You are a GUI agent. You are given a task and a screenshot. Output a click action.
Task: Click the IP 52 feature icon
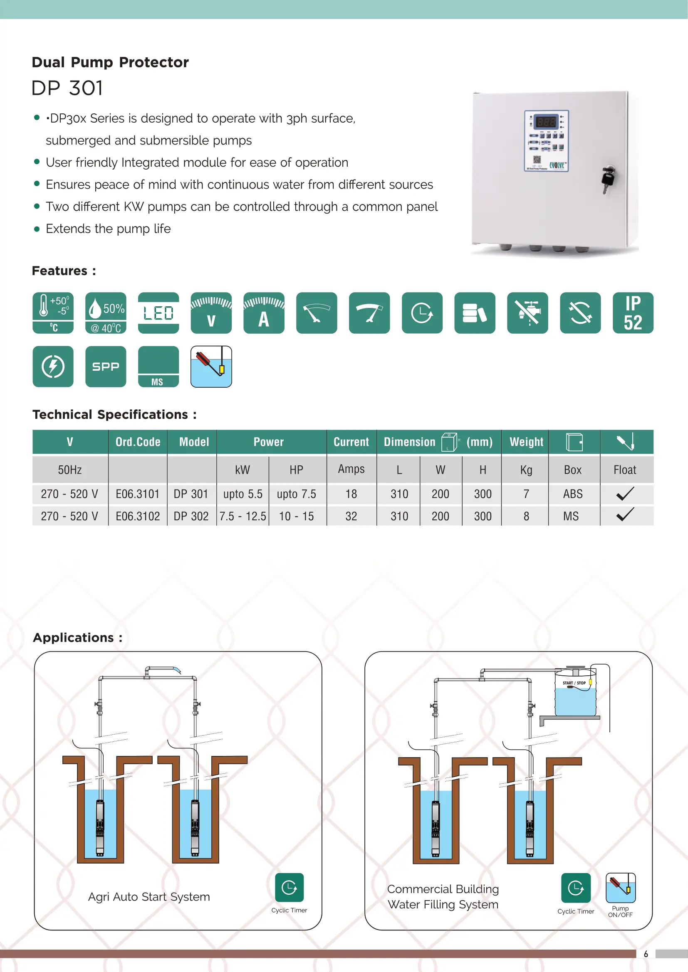point(633,313)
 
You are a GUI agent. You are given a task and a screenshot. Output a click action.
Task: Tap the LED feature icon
point(158,313)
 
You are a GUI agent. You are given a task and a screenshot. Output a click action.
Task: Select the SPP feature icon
point(106,367)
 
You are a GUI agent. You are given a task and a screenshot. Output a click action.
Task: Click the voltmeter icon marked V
point(211,313)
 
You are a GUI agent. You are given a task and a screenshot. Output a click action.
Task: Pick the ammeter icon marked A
point(263,313)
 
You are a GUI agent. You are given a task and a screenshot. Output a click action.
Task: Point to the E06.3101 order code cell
point(138,494)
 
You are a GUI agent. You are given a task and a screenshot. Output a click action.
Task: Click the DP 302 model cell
point(191,517)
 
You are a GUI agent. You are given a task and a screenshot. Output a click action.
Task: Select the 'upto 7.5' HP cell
point(297,494)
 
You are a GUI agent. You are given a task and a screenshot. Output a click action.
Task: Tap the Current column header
point(351,442)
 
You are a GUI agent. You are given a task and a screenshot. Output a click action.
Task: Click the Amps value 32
point(351,517)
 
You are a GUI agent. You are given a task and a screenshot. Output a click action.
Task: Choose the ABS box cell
point(573,494)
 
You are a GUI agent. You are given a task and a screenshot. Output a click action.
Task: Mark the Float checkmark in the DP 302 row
point(625,515)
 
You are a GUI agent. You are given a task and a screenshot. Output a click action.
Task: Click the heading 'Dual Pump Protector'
point(110,62)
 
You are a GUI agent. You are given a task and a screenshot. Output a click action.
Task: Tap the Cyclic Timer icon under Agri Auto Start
point(290,887)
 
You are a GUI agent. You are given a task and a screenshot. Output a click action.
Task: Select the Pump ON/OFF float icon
point(620,888)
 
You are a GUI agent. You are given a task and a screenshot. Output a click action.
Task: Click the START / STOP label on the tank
point(574,683)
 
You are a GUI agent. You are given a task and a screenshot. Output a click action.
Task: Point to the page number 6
point(646,954)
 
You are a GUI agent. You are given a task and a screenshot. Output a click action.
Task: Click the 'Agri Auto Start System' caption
point(149,897)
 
